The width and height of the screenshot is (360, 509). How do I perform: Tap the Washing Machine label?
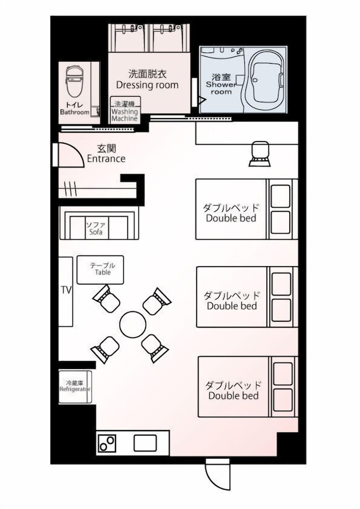(x=125, y=115)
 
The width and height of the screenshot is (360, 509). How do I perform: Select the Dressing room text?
(x=147, y=85)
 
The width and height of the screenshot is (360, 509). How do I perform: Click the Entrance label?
(x=106, y=159)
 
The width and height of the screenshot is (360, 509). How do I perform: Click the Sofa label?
(x=96, y=232)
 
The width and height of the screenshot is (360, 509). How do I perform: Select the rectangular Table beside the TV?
(x=100, y=269)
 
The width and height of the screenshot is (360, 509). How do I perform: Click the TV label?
(x=66, y=290)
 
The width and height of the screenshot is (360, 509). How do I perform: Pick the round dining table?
(x=133, y=325)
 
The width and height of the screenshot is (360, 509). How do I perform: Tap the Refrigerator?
(x=75, y=387)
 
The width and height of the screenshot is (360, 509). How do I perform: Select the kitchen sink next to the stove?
(x=145, y=443)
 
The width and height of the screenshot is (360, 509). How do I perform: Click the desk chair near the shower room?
(x=260, y=154)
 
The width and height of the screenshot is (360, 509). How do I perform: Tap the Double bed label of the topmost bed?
(x=231, y=218)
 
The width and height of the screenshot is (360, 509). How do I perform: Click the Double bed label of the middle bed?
(x=232, y=306)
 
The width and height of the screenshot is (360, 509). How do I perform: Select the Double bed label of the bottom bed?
(x=233, y=395)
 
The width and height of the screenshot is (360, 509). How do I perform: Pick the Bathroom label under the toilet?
(x=75, y=112)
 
